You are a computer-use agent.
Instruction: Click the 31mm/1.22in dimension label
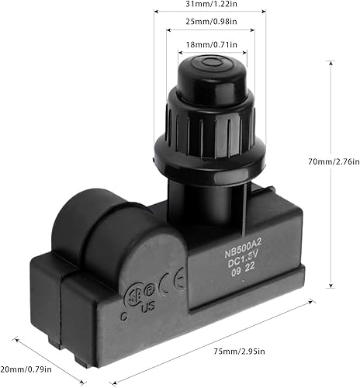[210, 5]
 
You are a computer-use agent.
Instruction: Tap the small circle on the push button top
[209, 63]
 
